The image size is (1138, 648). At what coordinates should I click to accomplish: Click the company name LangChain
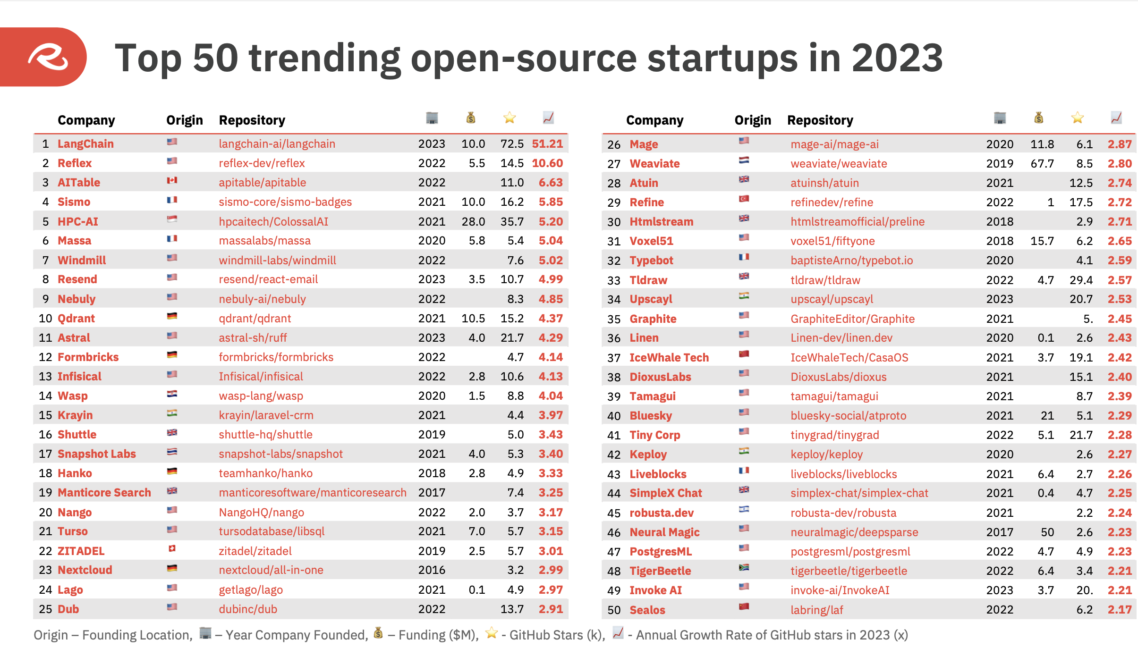click(85, 144)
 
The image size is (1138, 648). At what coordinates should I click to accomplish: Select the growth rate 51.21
click(547, 144)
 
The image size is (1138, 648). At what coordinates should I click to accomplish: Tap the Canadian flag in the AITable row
click(172, 180)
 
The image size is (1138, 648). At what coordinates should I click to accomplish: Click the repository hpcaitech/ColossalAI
click(273, 221)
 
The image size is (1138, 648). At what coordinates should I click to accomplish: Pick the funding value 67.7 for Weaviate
click(1042, 164)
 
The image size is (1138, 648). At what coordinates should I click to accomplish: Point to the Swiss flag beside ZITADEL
click(172, 548)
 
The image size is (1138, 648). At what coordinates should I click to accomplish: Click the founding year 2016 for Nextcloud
click(432, 570)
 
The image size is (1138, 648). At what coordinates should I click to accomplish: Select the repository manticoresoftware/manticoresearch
click(312, 493)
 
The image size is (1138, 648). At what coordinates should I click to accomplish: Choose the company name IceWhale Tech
click(669, 358)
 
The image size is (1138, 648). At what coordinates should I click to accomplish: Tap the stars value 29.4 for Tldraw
click(1081, 280)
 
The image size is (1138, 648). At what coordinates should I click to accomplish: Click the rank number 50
click(614, 610)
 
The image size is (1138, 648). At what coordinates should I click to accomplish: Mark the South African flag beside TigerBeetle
click(744, 568)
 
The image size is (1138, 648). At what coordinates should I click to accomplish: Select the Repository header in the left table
click(252, 120)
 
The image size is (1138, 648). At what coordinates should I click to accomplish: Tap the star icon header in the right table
click(1077, 118)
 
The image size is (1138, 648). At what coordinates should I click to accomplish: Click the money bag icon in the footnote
click(378, 633)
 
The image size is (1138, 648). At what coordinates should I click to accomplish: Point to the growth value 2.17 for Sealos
click(1120, 610)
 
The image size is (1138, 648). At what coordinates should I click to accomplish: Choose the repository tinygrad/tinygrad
click(834, 435)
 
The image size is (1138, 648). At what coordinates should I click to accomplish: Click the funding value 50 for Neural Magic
click(1047, 532)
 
